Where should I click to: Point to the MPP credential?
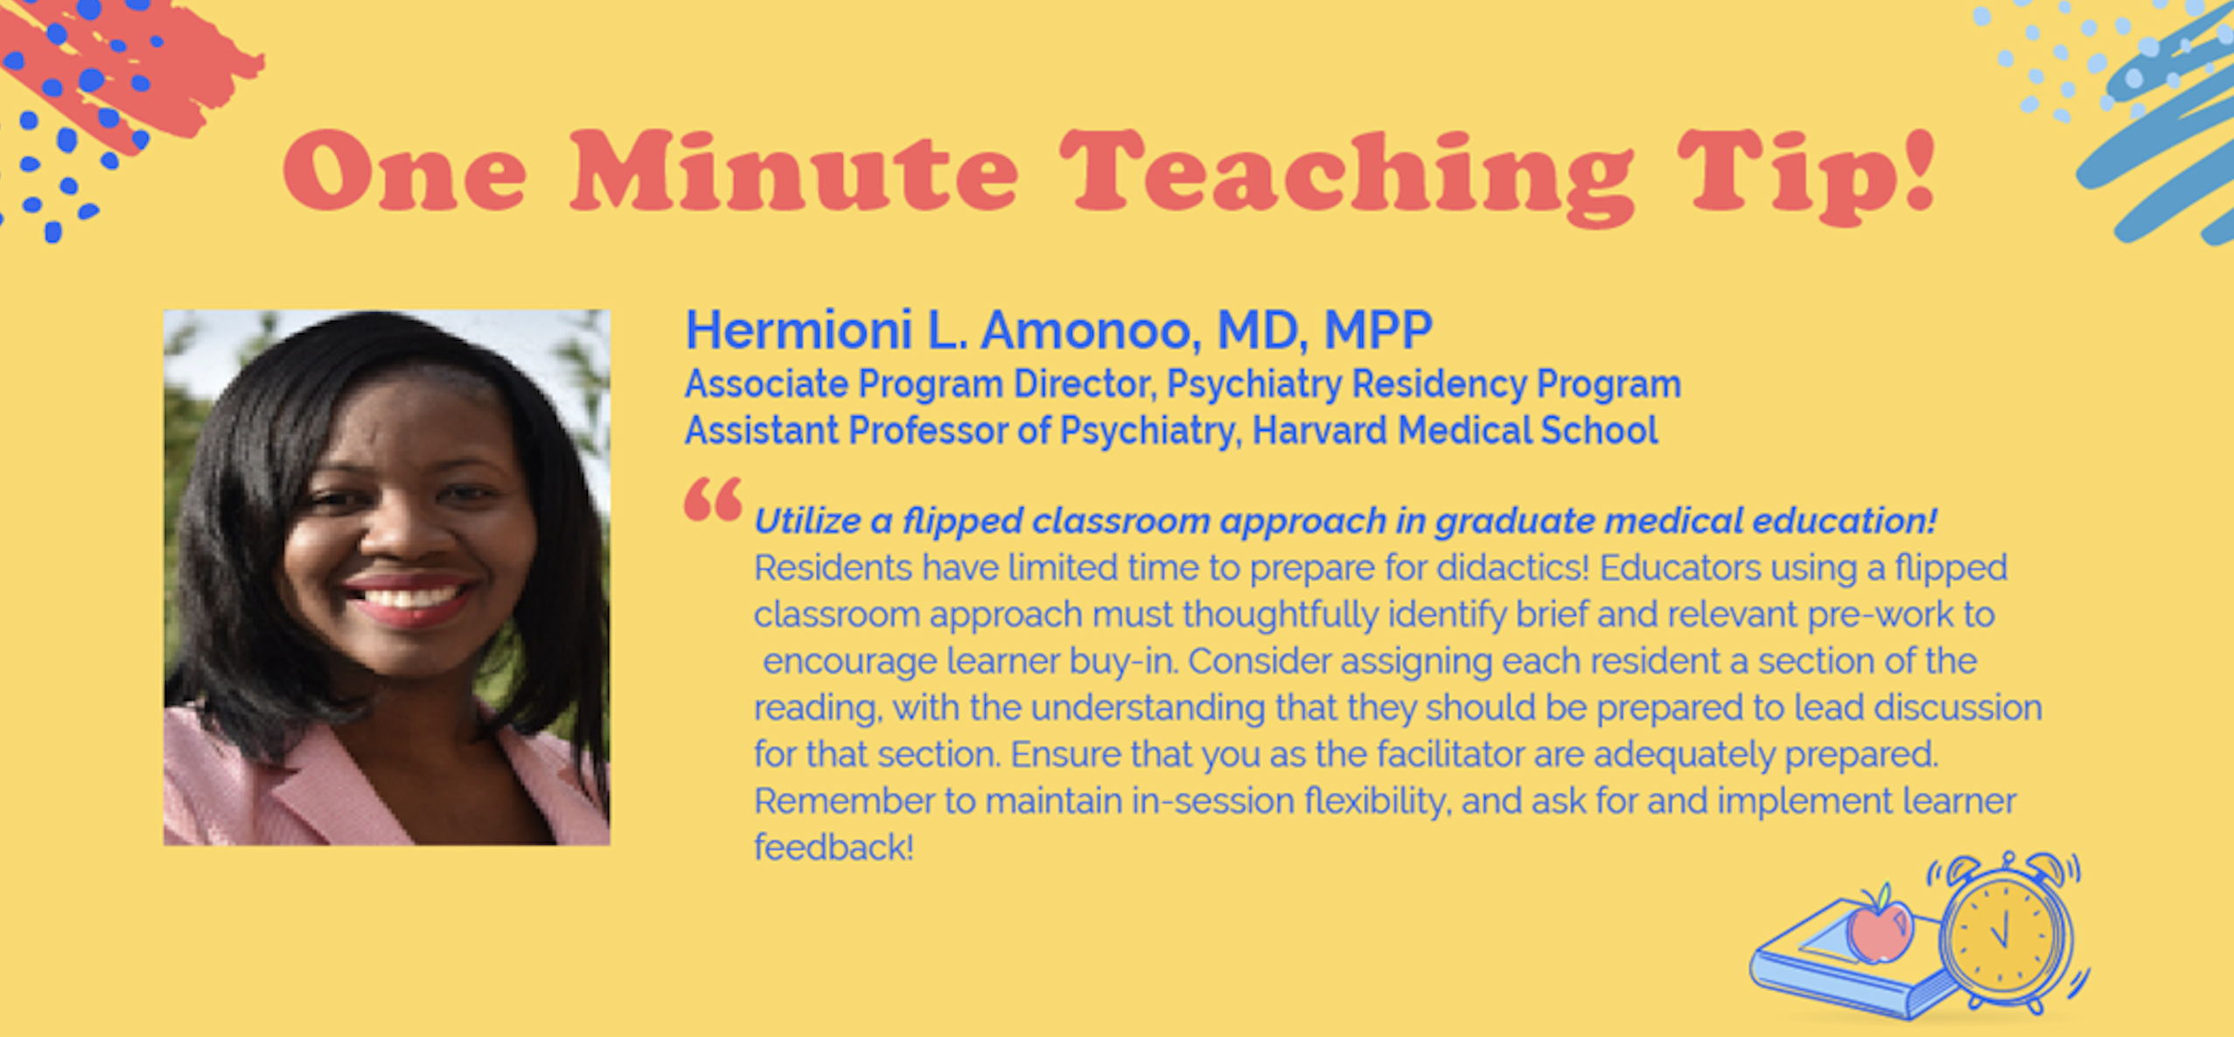coord(1378,330)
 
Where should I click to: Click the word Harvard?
coord(1321,430)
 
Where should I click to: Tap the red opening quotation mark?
coord(713,499)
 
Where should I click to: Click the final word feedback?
coord(834,847)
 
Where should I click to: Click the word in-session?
coord(1212,801)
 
